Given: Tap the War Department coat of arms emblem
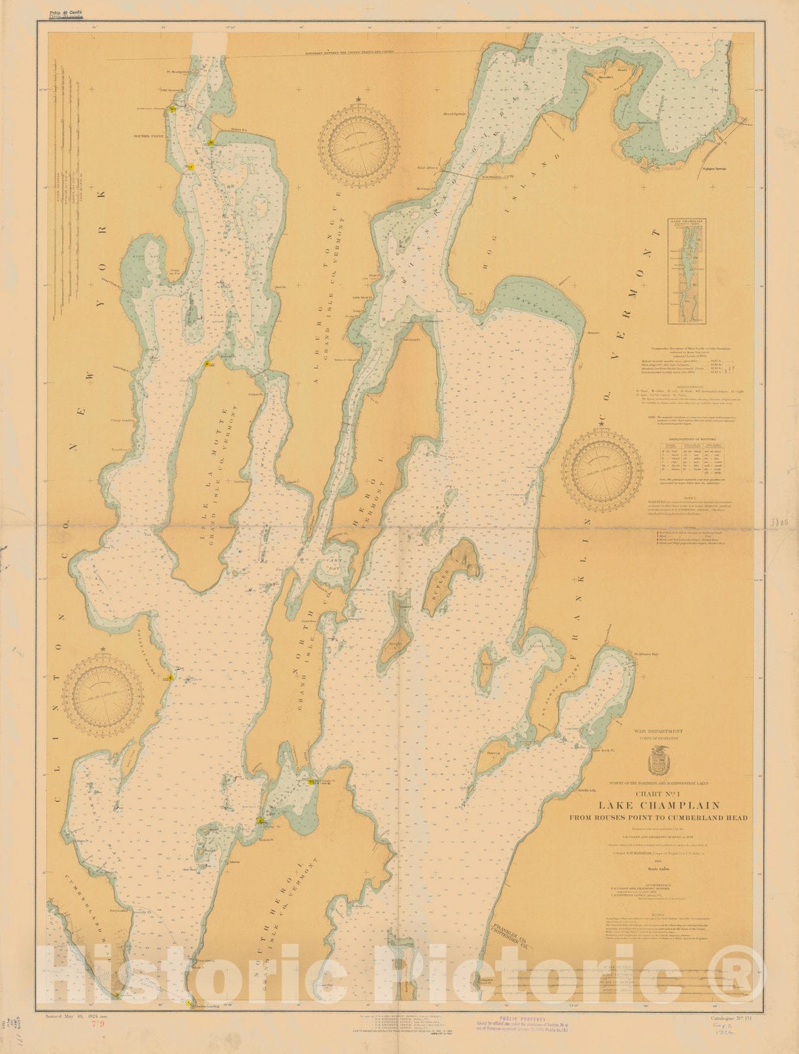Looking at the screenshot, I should pyautogui.click(x=659, y=763).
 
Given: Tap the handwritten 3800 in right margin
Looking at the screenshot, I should pyautogui.click(x=779, y=521).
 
